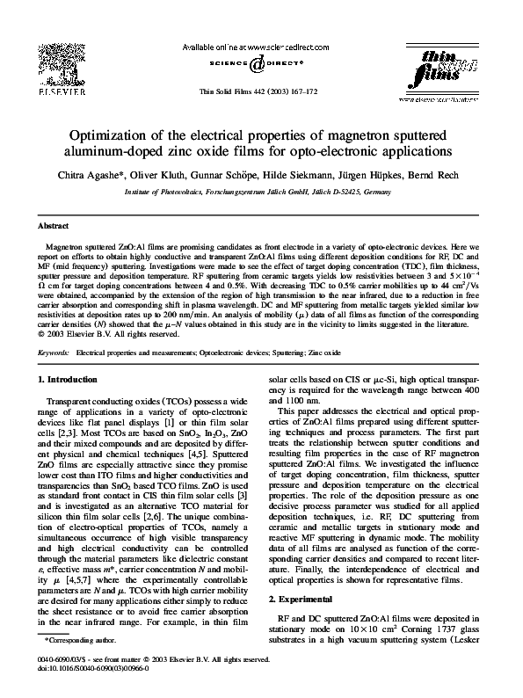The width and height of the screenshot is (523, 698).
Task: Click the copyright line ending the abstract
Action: (98, 334)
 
